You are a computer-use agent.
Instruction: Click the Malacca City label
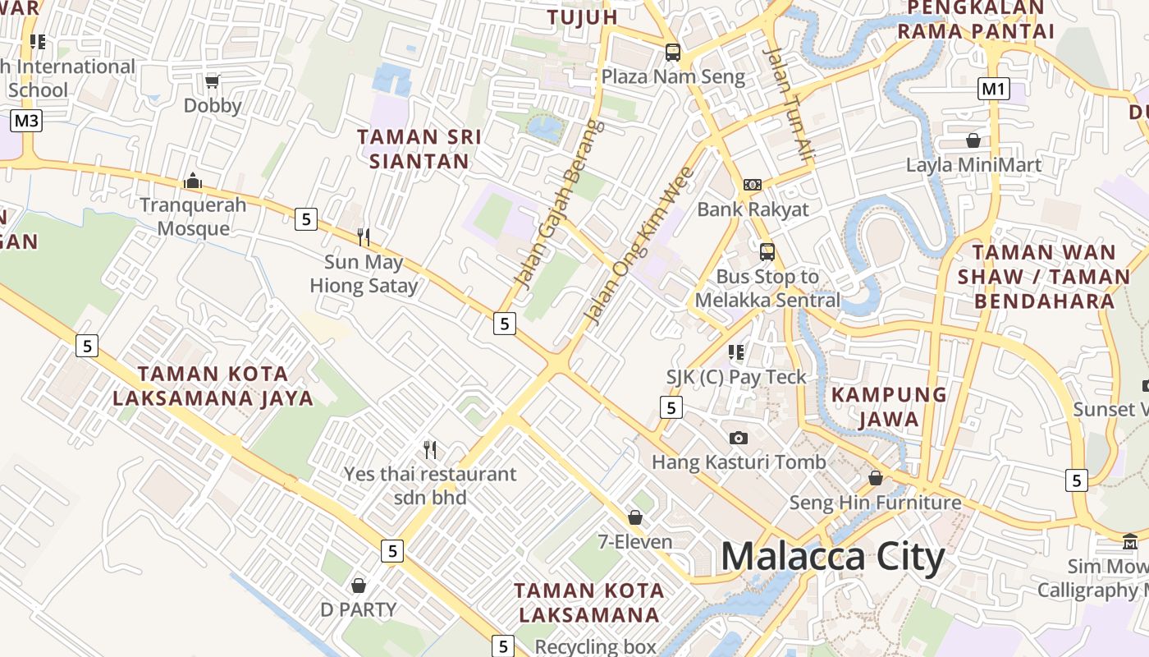tap(833, 557)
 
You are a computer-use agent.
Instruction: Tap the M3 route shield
tap(26, 122)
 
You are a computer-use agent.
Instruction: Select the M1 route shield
tap(993, 88)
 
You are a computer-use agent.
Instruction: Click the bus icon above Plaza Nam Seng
tap(673, 53)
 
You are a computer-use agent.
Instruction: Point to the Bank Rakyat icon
tap(752, 185)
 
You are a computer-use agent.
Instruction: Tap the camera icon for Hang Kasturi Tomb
tap(739, 438)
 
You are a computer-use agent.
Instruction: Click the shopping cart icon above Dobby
tap(213, 80)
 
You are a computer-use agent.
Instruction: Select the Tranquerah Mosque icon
tap(193, 181)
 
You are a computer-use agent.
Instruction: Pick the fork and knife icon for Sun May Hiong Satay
tap(364, 237)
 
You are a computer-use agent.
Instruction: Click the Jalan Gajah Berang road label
tap(559, 204)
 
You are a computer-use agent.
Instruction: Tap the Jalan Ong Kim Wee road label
tap(638, 246)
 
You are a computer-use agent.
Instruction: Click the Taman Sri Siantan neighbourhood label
tap(419, 149)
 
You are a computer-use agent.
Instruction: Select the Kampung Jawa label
tap(889, 407)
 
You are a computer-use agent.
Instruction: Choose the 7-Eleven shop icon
tap(634, 517)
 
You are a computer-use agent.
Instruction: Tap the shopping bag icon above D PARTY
tap(358, 586)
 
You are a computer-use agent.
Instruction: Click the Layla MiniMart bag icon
tap(973, 140)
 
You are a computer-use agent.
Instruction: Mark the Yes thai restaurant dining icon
tap(429, 449)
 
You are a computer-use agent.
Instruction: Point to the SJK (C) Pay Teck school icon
tap(736, 352)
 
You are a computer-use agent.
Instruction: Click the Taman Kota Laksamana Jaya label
tap(213, 386)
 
